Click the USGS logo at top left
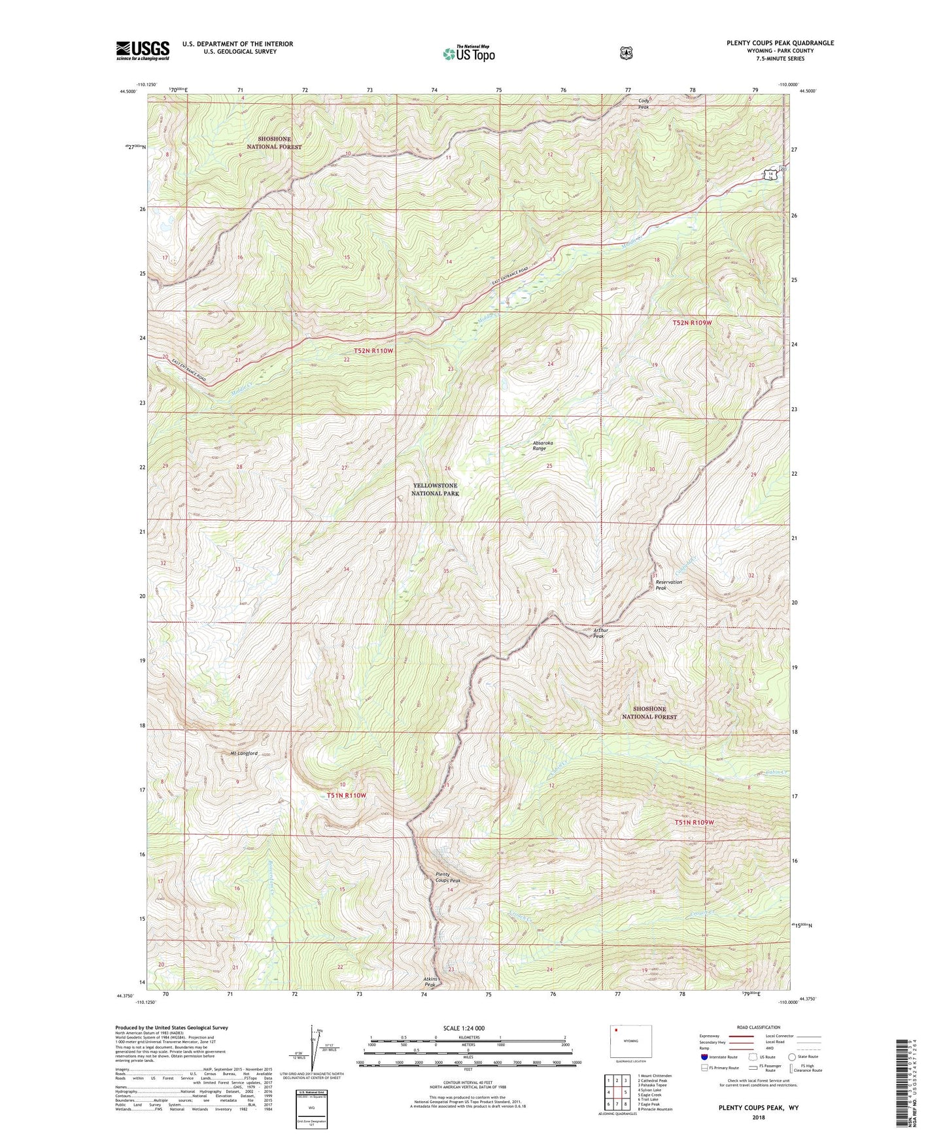click(143, 50)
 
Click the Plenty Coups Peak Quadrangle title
click(780, 43)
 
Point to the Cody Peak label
click(644, 103)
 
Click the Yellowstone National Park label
click(435, 489)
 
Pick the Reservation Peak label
click(668, 585)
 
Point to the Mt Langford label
click(243, 753)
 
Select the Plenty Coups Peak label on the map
click(448, 878)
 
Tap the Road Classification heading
click(758, 1027)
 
